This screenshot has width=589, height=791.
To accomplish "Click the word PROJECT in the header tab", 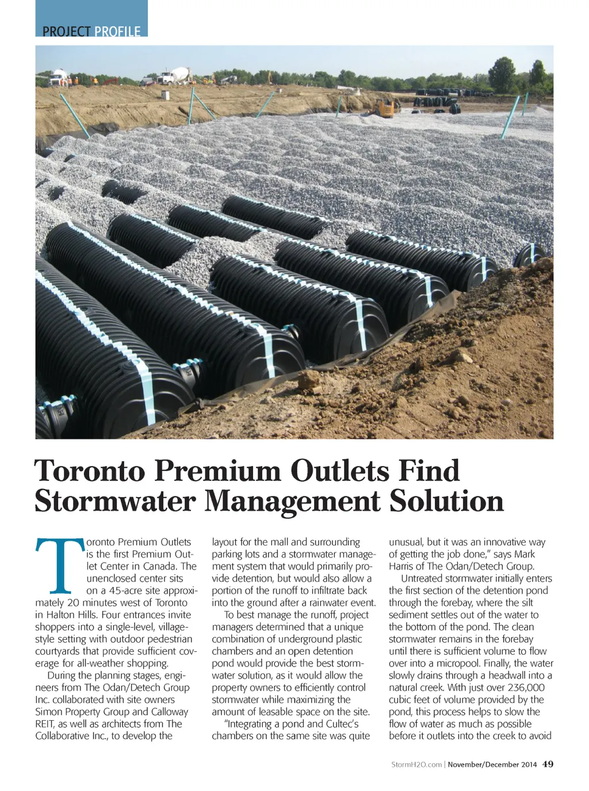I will [x=67, y=31].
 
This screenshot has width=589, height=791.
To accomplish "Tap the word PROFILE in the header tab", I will [x=117, y=31].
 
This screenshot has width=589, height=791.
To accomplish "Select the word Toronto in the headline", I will [x=90, y=471].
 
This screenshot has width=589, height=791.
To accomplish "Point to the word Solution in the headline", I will [x=446, y=500].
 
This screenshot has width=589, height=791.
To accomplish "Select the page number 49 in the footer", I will [x=548, y=764].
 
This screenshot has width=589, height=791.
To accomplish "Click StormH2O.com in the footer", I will [x=416, y=765].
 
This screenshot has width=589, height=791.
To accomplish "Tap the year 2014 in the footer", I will [x=529, y=765].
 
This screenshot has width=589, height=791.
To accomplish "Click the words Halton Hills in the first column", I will [x=71, y=614].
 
